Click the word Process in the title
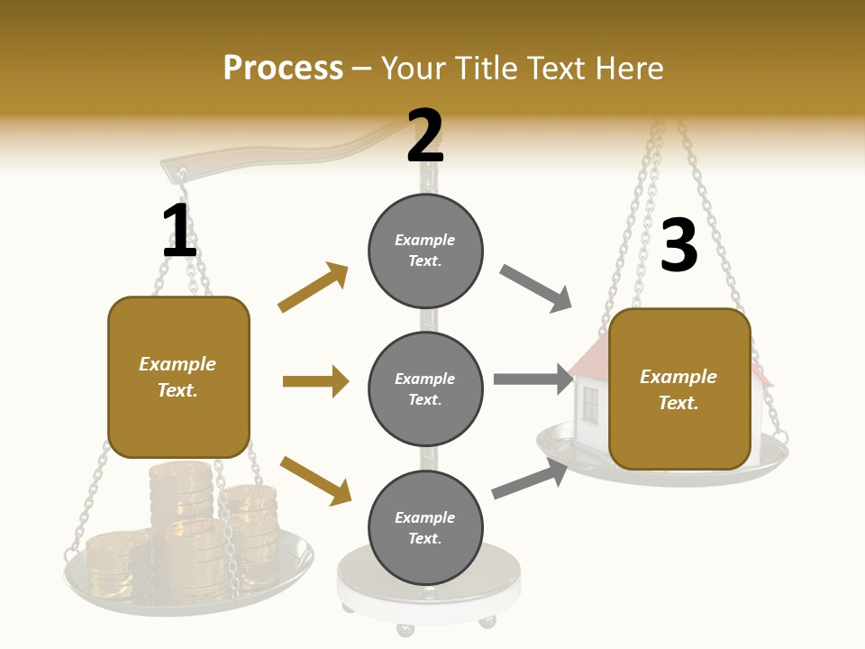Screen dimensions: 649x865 [283, 69]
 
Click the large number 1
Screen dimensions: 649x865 [179, 231]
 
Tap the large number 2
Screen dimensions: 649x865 [425, 136]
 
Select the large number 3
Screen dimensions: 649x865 [679, 245]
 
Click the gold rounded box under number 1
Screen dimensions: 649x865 [178, 377]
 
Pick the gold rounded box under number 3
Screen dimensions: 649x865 [679, 389]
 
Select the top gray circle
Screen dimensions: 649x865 [425, 251]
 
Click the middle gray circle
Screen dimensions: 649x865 [425, 388]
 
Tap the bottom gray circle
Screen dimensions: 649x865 [425, 527]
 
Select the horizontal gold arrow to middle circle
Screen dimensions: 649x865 [315, 381]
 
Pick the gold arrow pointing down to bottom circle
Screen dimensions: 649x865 [315, 480]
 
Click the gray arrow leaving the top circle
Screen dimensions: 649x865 [536, 288]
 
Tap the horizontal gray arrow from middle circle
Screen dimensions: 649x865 [533, 379]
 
